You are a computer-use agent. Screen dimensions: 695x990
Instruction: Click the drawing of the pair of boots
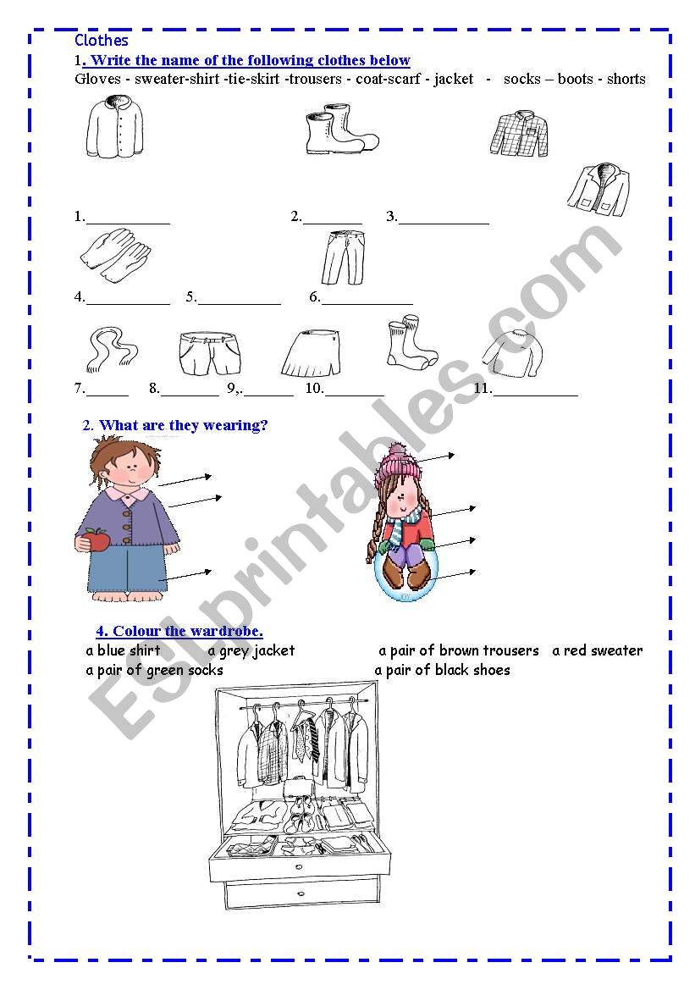tap(341, 130)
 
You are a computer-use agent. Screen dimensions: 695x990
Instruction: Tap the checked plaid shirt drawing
tap(519, 134)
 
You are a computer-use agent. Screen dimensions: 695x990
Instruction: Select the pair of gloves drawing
tap(115, 255)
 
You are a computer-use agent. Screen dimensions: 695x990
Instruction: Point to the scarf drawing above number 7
tap(111, 349)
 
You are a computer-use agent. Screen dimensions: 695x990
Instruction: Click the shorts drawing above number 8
tap(210, 354)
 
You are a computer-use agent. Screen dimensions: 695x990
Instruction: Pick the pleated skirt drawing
tap(311, 354)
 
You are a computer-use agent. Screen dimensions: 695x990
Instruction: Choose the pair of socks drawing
tap(411, 343)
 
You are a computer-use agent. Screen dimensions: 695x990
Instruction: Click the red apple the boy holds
tap(97, 540)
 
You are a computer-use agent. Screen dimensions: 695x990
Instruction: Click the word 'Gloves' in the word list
tap(98, 79)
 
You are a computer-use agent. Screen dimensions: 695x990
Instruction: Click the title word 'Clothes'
tap(101, 41)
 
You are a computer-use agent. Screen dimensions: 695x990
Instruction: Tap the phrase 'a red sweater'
tap(597, 650)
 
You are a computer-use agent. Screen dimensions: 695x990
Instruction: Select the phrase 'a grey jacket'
tap(251, 651)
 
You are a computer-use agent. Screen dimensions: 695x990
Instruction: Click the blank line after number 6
tap(367, 304)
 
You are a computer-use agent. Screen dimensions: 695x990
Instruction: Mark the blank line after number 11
tap(535, 395)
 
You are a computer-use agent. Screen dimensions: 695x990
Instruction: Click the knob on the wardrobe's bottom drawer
tap(301, 893)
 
